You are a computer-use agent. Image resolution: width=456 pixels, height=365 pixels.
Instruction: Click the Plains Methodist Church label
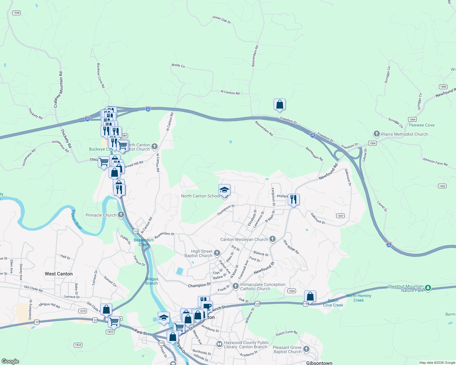click(404, 134)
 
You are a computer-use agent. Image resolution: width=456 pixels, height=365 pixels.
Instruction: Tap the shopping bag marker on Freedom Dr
click(280, 105)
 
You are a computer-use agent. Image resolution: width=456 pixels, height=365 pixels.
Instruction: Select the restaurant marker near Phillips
click(293, 200)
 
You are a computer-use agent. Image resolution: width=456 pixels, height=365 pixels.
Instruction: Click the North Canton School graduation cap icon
click(224, 190)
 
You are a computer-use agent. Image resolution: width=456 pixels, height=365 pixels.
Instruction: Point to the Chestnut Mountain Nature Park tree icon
click(428, 288)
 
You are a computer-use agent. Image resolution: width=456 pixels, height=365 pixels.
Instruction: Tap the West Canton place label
click(59, 274)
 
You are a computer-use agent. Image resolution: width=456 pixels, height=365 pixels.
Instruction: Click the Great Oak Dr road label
click(222, 20)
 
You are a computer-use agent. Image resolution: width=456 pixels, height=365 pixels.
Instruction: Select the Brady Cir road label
click(178, 65)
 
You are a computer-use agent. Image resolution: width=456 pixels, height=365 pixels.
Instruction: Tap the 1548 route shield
click(16, 13)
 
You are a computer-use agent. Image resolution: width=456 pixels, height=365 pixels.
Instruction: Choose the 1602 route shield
click(442, 186)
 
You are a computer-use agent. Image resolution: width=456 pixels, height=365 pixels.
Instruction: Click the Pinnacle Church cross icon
click(121, 215)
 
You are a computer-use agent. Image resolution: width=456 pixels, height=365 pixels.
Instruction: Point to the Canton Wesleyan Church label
click(244, 239)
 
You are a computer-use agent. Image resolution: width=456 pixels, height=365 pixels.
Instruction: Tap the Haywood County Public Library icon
click(219, 344)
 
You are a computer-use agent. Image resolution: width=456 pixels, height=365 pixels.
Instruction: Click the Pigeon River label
click(77, 220)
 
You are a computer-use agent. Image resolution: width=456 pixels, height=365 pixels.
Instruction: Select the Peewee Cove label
click(422, 125)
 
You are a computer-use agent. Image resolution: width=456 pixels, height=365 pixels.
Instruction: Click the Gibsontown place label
click(319, 363)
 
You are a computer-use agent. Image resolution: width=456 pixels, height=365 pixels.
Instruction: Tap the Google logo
click(10, 361)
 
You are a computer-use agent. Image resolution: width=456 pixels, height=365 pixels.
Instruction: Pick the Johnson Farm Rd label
click(435, 162)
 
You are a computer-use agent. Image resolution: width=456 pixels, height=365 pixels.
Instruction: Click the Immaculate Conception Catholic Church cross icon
click(235, 286)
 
